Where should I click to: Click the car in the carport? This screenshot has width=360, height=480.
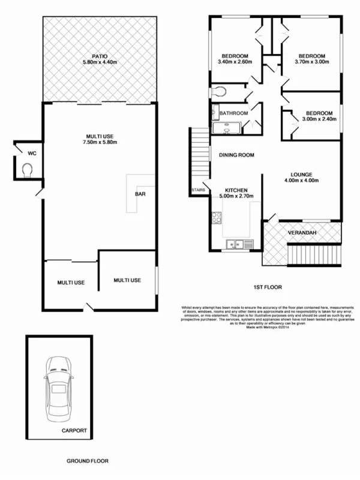[x=59, y=389]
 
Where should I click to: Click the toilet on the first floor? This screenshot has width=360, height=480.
[x=219, y=92]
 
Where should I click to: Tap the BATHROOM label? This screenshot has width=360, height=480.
[x=233, y=113]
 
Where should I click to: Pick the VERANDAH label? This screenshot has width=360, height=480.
[x=302, y=232]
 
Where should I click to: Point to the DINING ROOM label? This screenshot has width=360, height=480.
[x=236, y=155]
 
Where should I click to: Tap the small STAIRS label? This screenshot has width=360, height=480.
[x=199, y=190]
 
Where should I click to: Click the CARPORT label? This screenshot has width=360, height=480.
[x=74, y=430]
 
